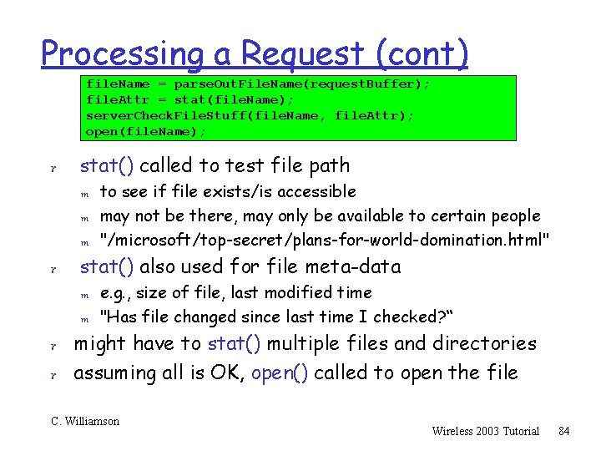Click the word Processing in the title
click(122, 54)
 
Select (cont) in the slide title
click(422, 54)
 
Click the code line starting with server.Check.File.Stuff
click(250, 115)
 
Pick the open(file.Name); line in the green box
click(146, 131)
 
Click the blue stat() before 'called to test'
click(107, 165)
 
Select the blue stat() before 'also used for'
click(107, 267)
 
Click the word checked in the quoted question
click(407, 317)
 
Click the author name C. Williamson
click(85, 421)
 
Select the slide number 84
click(563, 431)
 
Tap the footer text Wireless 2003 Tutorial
click(485, 431)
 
